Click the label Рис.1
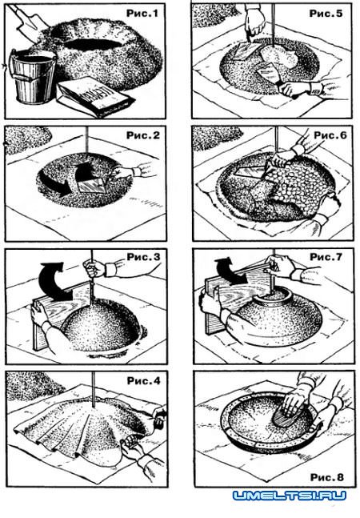(142, 14)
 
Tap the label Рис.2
(143, 135)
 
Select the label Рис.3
(143, 257)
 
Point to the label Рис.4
(143, 380)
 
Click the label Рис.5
(326, 14)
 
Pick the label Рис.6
(330, 135)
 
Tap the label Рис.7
(326, 257)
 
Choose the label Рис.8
(326, 477)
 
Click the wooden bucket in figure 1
(32, 77)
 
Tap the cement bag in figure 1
(96, 97)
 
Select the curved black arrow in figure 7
(230, 271)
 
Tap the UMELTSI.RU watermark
(290, 496)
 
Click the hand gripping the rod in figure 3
(94, 268)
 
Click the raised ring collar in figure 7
(274, 295)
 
